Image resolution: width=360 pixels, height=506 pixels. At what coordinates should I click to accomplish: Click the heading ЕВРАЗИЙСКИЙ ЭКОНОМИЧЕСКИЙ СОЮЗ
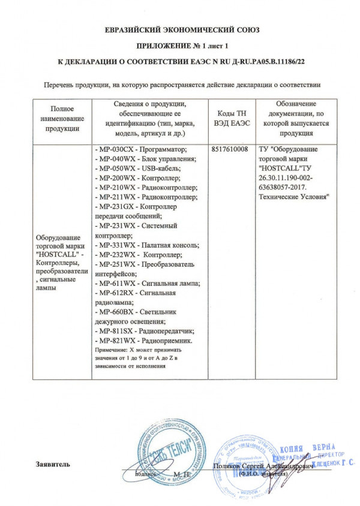[x=180, y=31]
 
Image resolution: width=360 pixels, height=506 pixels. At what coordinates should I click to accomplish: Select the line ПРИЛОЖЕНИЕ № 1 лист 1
[x=180, y=45]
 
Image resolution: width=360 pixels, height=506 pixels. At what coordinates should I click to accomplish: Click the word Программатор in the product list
[x=164, y=149]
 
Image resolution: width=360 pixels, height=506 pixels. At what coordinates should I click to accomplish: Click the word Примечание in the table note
[x=112, y=350]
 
